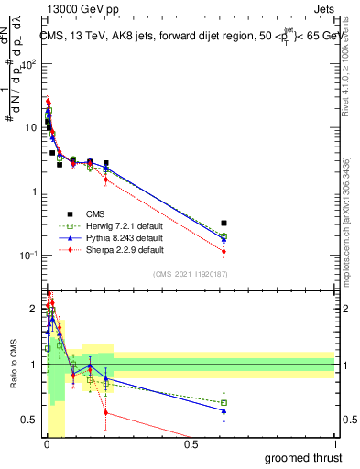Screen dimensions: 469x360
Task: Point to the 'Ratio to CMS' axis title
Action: click(11, 365)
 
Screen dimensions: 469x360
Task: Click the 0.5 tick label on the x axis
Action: click(191, 443)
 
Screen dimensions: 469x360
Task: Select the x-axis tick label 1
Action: click(335, 443)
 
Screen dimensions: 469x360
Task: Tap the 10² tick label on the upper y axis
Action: click(30, 64)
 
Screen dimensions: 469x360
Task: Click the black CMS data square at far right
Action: click(224, 223)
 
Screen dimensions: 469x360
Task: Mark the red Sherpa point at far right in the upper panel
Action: click(224, 251)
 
